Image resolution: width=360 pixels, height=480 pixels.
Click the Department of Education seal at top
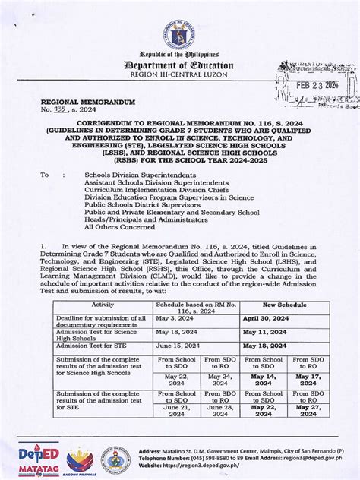point(179,31)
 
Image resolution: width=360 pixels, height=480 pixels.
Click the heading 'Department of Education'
point(179,66)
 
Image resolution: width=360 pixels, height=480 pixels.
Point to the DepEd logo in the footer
point(33,458)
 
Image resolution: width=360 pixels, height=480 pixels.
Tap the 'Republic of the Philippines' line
point(179,55)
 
